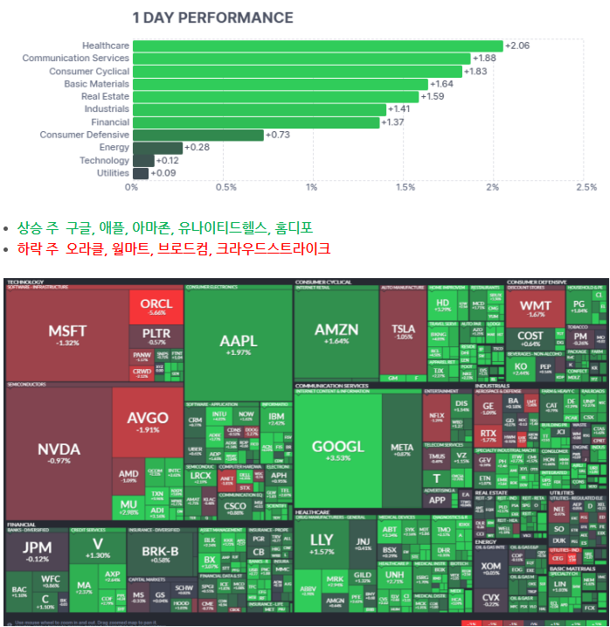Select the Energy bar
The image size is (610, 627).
click(x=157, y=148)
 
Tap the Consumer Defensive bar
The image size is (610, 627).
click(x=198, y=135)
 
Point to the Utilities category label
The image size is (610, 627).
click(x=113, y=173)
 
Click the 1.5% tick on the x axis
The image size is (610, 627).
click(x=406, y=187)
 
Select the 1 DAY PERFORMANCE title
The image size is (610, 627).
click(x=212, y=17)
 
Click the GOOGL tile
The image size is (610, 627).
click(x=337, y=450)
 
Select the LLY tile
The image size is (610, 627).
click(x=321, y=544)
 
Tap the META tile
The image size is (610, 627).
click(x=402, y=449)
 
